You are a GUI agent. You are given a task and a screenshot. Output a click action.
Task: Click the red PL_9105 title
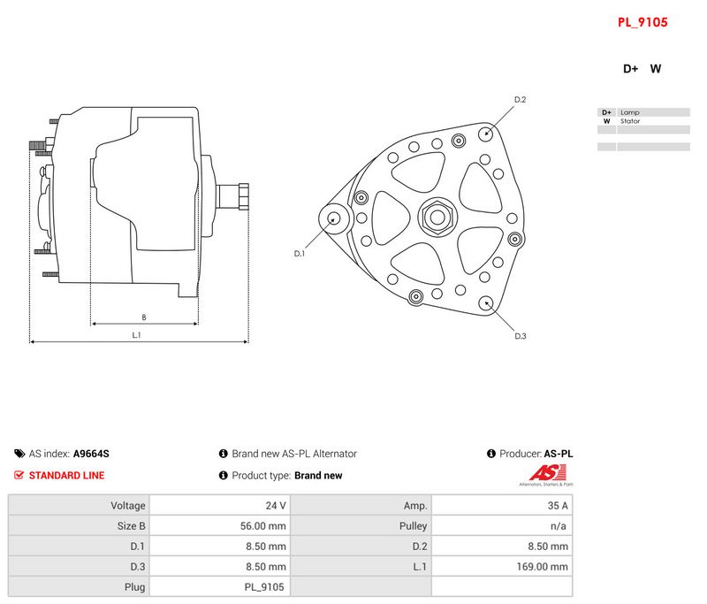[x=642, y=22]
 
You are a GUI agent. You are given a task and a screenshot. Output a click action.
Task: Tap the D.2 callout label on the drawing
[x=520, y=100]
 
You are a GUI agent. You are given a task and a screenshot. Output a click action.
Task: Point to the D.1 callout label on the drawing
[x=300, y=254]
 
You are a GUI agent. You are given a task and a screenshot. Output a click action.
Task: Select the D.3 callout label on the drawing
[x=521, y=336]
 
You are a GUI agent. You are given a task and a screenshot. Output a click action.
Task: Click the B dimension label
[x=144, y=317]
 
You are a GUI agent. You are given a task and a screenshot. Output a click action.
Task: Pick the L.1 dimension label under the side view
[x=136, y=335]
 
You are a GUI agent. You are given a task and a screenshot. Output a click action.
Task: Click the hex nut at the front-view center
[x=437, y=217]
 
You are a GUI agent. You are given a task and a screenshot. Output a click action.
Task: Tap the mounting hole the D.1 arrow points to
[x=334, y=218]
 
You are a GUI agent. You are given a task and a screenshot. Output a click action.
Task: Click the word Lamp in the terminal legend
[x=630, y=112]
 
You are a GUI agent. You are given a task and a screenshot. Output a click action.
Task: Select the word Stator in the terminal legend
[x=630, y=121]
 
